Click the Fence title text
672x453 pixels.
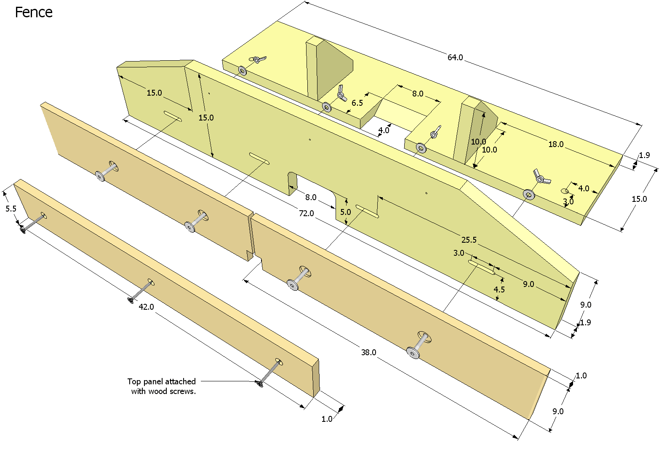point(34,13)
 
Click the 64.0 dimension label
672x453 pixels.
point(455,57)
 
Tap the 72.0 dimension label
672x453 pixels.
point(306,214)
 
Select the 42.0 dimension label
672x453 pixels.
point(146,307)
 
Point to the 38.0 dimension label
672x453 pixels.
point(368,353)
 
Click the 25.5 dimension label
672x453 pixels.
point(469,240)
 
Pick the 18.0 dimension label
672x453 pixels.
point(556,145)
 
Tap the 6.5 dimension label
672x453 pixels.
point(357,103)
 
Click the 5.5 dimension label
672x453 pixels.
point(11,209)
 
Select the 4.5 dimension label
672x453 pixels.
point(499,290)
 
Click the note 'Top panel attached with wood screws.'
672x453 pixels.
point(162,386)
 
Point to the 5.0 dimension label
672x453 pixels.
point(345,212)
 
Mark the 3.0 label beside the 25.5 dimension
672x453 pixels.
point(459,253)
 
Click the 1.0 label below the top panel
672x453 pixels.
point(327,419)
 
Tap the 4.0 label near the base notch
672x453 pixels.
point(384,131)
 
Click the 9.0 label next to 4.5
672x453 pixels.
point(528,284)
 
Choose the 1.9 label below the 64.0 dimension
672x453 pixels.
point(644,155)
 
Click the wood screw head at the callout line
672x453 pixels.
point(259,383)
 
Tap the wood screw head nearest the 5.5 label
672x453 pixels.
point(22,230)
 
